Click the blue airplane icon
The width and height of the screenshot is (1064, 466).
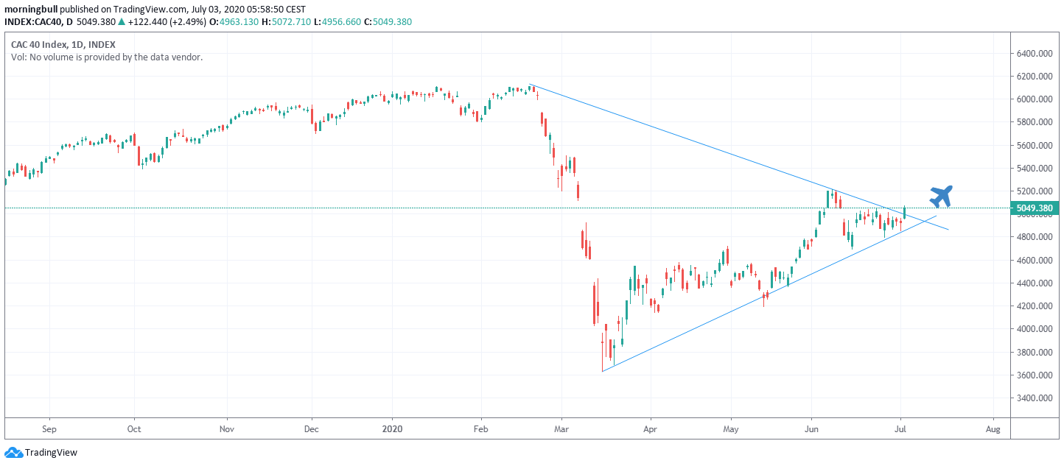point(941,196)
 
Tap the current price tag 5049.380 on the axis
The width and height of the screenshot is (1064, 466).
point(1034,208)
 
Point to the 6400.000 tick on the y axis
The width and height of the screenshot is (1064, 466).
point(1034,54)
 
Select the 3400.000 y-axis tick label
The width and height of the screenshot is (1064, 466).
point(1034,398)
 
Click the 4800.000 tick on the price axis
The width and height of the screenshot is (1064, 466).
point(1034,237)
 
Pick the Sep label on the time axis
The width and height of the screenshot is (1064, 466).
point(49,428)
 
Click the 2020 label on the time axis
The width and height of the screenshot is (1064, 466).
point(393,428)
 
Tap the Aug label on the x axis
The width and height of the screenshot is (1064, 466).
point(993,428)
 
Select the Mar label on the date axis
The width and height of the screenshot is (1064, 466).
point(561,428)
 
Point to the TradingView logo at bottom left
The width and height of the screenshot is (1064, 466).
point(41,453)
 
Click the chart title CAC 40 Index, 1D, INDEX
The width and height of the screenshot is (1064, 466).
point(63,44)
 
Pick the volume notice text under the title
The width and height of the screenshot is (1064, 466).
point(106,57)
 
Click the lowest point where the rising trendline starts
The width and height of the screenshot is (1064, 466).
point(603,371)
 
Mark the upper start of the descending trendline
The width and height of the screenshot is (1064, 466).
point(530,85)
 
